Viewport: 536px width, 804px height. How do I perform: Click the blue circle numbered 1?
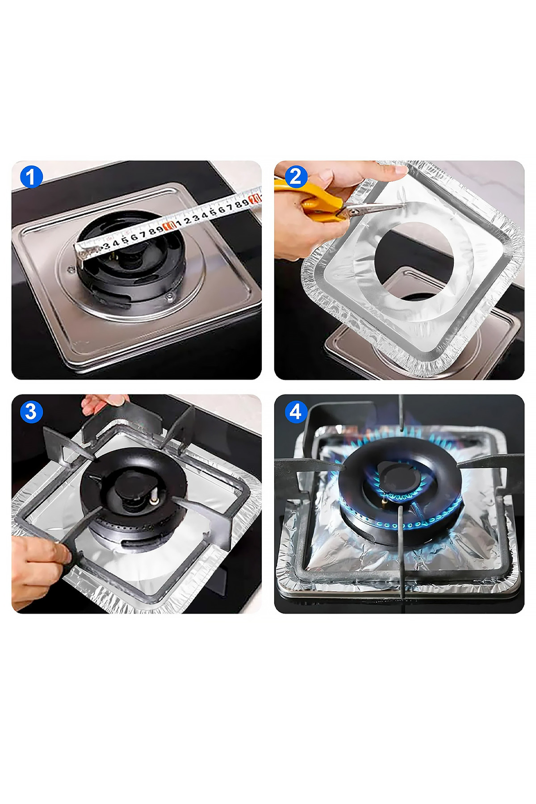pos(31,177)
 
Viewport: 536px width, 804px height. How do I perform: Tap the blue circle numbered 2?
pos(295,177)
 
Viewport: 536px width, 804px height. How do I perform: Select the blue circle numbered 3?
pos(31,411)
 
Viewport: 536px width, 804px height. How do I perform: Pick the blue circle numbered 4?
pos(295,411)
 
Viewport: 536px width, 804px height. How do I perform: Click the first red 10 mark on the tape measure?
pos(169,226)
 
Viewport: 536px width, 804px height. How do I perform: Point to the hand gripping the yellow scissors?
pos(299,223)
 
